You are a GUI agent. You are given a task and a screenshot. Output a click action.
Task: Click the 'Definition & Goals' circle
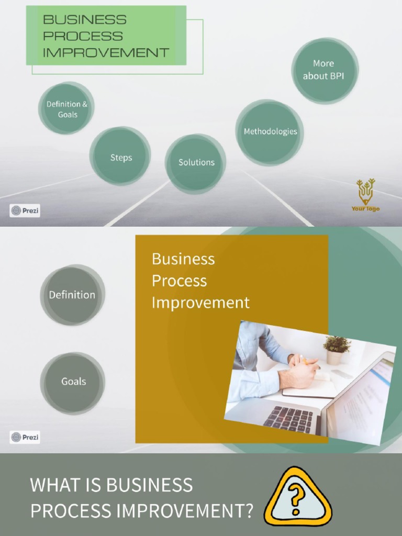tap(66, 109)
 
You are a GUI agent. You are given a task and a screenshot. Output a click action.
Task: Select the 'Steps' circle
tap(120, 157)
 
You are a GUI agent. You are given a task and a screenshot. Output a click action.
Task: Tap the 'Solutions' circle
tap(196, 163)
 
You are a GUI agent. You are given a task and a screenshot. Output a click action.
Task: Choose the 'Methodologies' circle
tap(270, 132)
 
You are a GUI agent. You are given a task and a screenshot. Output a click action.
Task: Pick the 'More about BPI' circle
tap(324, 70)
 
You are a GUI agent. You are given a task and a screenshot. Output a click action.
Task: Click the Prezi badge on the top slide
tap(25, 211)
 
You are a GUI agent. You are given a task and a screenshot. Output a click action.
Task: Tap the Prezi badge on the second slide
tap(25, 437)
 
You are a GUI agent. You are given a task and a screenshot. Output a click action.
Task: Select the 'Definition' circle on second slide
tap(72, 295)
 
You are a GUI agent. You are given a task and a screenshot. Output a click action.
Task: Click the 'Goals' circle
tap(73, 382)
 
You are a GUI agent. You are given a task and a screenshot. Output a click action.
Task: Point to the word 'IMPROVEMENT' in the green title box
tap(106, 52)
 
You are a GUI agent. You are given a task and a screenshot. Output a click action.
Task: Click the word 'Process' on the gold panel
tap(179, 281)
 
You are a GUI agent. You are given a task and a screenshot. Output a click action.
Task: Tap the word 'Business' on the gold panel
tap(183, 259)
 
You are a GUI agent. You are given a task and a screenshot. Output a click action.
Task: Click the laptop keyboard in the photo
tap(289, 419)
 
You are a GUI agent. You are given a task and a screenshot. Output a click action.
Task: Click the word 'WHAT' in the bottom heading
tap(50, 485)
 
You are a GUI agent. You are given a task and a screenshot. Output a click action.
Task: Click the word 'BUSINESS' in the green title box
tap(85, 20)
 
